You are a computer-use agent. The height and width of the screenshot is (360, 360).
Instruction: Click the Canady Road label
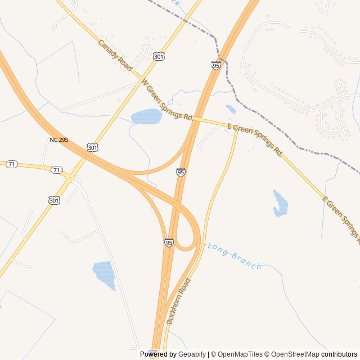pos(115,55)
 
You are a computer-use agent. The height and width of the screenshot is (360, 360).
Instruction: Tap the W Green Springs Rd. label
pos(167,100)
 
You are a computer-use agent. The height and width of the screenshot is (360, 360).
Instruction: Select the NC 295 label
pos(58,139)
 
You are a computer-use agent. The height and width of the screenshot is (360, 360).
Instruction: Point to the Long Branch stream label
pos(234,256)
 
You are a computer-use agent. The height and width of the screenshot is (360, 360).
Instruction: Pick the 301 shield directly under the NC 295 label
pos(93,147)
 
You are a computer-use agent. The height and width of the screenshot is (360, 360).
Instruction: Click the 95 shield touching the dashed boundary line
pos(216,66)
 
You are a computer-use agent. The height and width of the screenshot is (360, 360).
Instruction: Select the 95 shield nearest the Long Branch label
pos(169,242)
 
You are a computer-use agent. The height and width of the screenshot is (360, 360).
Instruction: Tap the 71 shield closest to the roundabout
pos(56,169)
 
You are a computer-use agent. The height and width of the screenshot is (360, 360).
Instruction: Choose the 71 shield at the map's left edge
pos(12,164)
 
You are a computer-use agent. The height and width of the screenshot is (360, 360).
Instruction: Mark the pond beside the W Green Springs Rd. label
pos(147,116)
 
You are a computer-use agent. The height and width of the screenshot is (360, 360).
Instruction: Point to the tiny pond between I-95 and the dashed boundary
pos(231,109)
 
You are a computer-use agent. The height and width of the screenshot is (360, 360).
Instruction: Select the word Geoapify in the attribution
pos(192,354)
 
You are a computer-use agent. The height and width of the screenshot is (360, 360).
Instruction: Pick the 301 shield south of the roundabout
pos(53,200)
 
